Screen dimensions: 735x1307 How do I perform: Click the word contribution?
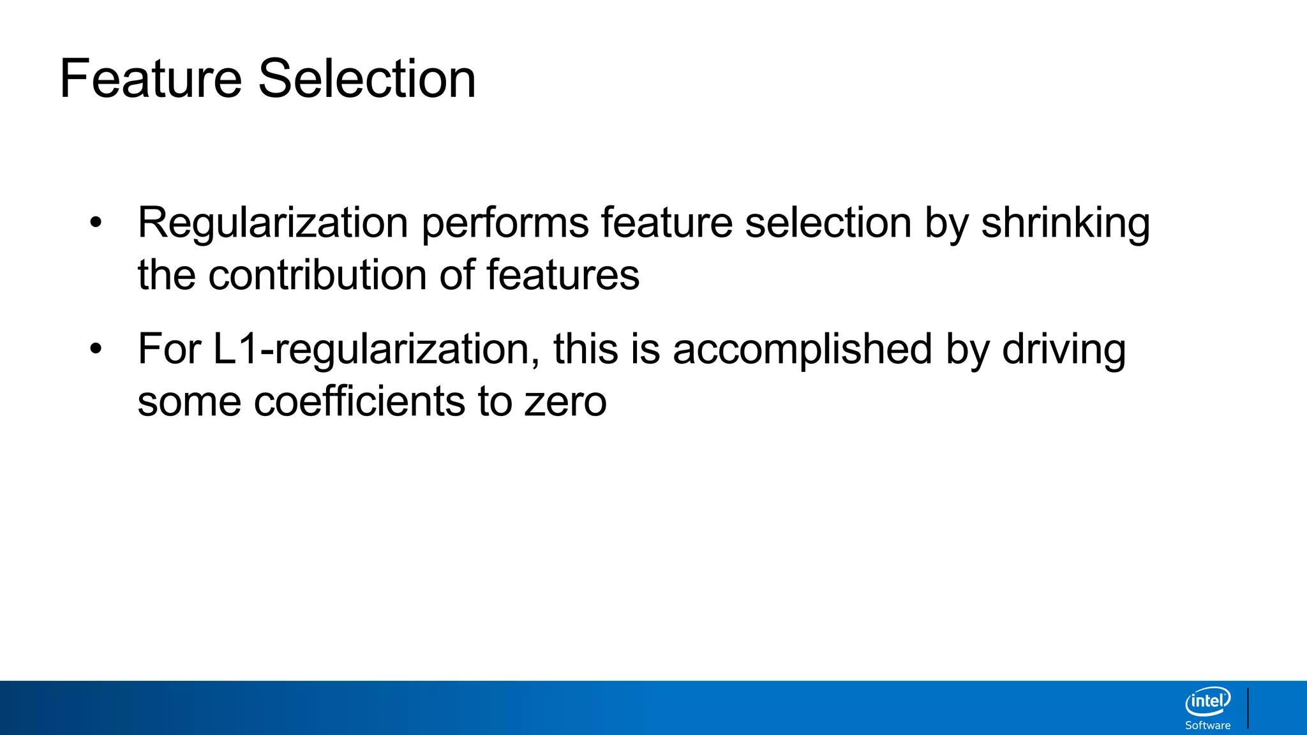click(317, 275)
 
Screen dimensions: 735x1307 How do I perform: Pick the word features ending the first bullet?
click(563, 275)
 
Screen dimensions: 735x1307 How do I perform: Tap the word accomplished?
click(802, 350)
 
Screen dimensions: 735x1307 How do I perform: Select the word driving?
click(1064, 350)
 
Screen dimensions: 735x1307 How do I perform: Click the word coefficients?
click(360, 401)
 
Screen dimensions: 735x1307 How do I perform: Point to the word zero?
click(565, 403)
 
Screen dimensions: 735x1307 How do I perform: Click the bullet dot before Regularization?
click(96, 223)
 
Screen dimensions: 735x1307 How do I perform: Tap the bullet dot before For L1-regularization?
click(96, 350)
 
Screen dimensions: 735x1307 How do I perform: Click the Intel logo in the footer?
click(1207, 702)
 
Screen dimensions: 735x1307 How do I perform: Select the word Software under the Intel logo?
click(1207, 725)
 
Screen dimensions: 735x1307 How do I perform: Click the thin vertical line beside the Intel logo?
click(1248, 708)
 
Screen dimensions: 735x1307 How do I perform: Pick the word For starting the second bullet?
click(169, 350)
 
